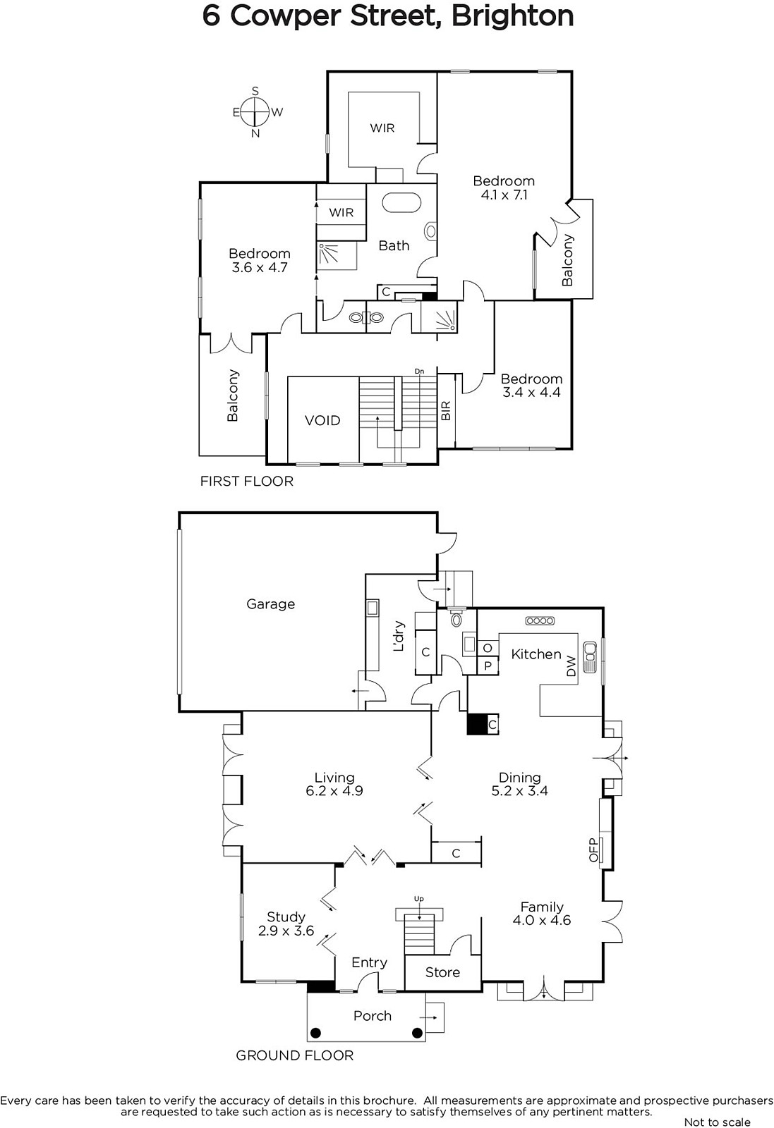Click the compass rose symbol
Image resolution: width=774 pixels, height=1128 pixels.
click(x=255, y=112)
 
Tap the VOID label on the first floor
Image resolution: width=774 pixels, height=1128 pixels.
click(x=322, y=420)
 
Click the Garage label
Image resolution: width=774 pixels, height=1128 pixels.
click(x=271, y=603)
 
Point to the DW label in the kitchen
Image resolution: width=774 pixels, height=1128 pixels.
click(x=571, y=666)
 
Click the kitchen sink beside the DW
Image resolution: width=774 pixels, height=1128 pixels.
click(x=589, y=657)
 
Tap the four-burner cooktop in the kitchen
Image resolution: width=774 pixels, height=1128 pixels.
click(x=540, y=621)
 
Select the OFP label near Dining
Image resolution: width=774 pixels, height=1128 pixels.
click(x=593, y=850)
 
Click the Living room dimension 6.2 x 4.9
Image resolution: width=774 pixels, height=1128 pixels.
click(x=334, y=790)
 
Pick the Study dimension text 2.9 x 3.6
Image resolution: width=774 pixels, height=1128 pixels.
click(x=286, y=931)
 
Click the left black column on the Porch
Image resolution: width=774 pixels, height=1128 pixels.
click(x=315, y=1033)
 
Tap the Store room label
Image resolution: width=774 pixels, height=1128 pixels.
click(x=442, y=972)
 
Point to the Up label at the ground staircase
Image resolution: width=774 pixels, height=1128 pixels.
click(x=418, y=898)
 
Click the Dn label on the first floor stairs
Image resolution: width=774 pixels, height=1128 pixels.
click(x=419, y=371)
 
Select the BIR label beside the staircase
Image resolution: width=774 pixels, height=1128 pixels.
click(x=446, y=410)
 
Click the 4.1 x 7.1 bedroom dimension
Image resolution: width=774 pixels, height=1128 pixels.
click(x=504, y=195)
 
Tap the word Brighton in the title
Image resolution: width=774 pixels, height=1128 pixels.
click(x=512, y=16)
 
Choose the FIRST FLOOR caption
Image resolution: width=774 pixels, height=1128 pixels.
click(x=246, y=482)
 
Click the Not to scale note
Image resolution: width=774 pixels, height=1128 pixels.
click(x=718, y=1122)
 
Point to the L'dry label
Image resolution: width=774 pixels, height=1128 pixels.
click(x=399, y=637)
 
